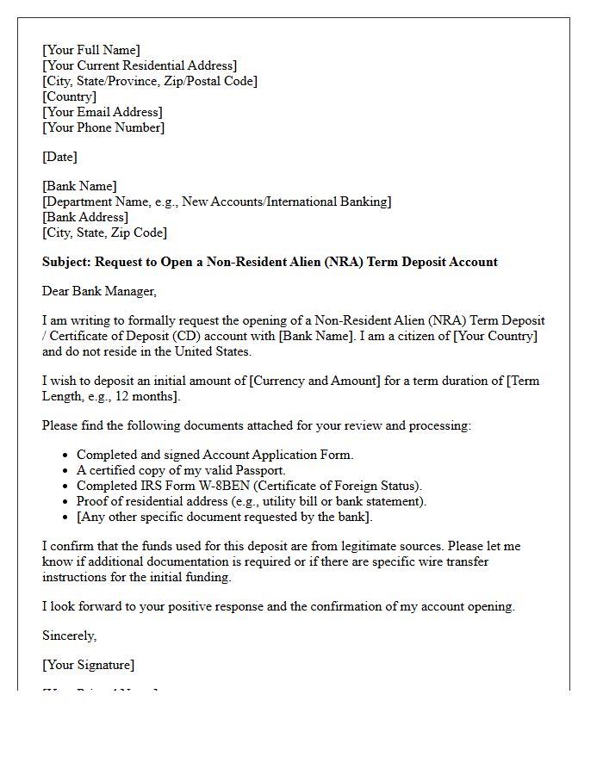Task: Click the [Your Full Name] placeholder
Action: click(90, 50)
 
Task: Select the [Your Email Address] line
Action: click(102, 112)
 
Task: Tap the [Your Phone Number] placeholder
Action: click(103, 127)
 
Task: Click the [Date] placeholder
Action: click(59, 157)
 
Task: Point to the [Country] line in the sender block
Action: click(69, 96)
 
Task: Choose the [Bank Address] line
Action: click(85, 217)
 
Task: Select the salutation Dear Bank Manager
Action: click(99, 291)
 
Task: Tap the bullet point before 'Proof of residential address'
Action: click(65, 501)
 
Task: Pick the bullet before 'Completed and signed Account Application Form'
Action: click(65, 455)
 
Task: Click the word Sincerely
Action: click(69, 635)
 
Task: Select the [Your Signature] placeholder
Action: click(88, 665)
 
